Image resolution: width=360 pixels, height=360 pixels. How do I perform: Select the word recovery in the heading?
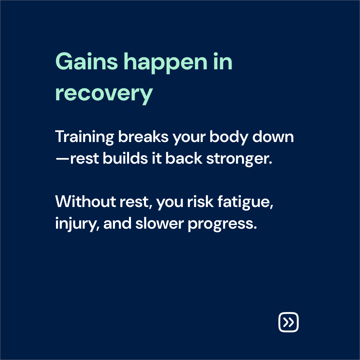click(104, 94)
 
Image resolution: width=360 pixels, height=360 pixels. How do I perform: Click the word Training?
click(84, 137)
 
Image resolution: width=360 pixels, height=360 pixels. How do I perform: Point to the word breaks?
click(143, 137)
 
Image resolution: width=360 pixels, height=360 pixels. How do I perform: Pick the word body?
click(229, 137)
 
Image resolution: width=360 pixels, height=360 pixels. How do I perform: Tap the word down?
click(273, 137)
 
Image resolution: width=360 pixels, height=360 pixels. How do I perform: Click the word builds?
click(125, 158)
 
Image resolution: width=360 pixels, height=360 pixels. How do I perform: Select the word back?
click(184, 158)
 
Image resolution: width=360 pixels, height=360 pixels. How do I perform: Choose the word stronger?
click(239, 159)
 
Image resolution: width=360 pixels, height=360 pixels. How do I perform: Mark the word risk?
click(200, 202)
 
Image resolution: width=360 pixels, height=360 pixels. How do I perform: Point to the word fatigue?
click(245, 202)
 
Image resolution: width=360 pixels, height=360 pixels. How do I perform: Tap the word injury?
click(77, 224)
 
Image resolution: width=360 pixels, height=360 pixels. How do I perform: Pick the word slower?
click(160, 223)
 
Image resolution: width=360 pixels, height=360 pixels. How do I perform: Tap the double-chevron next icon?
click(289, 322)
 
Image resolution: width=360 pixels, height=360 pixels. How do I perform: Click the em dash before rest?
click(62, 159)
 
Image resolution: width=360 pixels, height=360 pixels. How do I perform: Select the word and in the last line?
click(117, 223)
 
